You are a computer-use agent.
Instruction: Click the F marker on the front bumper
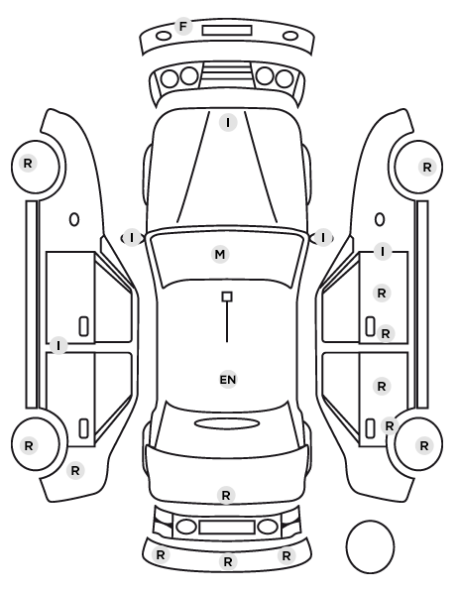(x=183, y=27)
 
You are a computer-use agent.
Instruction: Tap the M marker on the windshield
(x=220, y=254)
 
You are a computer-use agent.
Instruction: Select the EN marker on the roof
(x=228, y=380)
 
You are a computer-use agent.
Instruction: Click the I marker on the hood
(x=228, y=123)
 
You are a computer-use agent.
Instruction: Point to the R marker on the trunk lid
(x=226, y=495)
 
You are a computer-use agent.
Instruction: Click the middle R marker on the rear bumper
(x=228, y=561)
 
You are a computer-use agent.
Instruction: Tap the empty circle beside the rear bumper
(x=370, y=546)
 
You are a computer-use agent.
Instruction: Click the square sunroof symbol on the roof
(x=227, y=296)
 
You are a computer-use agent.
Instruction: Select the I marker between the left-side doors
(x=58, y=346)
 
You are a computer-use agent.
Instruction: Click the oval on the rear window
(x=227, y=423)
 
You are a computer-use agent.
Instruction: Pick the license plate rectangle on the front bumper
(x=227, y=31)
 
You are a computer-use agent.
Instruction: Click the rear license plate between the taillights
(x=227, y=528)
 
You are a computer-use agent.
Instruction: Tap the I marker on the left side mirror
(x=132, y=238)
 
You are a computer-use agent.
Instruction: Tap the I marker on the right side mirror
(x=322, y=238)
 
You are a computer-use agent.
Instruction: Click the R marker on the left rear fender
(x=75, y=471)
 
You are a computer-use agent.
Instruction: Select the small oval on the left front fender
(x=74, y=219)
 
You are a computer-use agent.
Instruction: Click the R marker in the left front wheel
(x=28, y=164)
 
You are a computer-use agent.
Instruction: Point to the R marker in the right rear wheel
(x=424, y=445)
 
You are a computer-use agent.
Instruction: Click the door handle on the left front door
(x=83, y=327)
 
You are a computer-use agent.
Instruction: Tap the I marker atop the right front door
(x=383, y=252)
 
